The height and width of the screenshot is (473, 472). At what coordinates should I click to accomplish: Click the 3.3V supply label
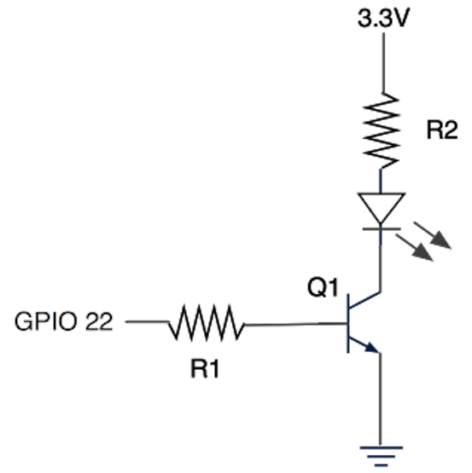383,18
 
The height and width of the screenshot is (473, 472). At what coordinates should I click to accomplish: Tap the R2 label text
442,130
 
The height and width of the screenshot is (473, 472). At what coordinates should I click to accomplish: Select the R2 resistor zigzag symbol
382,130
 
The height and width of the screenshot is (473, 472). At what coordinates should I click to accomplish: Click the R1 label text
205,369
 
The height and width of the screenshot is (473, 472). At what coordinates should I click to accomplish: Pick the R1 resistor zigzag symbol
207,323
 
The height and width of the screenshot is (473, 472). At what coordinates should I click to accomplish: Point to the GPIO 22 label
63,321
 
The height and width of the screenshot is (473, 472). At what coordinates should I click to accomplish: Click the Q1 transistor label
323,287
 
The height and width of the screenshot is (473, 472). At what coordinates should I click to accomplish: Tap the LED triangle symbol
381,209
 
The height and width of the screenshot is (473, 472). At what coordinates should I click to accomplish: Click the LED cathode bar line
382,229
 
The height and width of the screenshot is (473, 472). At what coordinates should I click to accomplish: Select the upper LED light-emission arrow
432,235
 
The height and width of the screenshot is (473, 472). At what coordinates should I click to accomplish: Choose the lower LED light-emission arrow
414,248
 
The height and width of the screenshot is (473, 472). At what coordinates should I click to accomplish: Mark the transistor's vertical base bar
348,323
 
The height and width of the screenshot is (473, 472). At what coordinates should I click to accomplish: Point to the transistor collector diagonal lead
364,300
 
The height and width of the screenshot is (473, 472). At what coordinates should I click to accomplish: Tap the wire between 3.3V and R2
384,62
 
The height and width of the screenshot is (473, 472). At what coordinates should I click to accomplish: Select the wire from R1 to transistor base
296,325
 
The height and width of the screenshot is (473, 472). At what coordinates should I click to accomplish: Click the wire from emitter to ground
380,400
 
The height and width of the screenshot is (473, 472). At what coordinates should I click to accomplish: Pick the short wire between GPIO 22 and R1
147,321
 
